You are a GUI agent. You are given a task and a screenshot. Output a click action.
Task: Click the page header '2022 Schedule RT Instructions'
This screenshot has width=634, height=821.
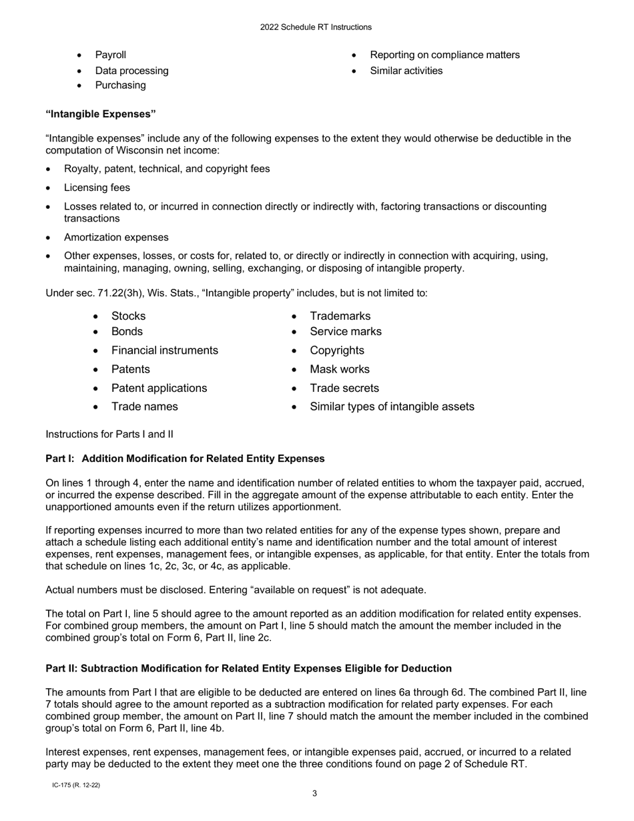click(316, 27)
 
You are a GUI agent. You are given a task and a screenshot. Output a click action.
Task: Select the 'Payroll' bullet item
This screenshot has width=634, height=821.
click(110, 55)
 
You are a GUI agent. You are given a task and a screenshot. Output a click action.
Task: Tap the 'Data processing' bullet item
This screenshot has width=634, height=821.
click(131, 71)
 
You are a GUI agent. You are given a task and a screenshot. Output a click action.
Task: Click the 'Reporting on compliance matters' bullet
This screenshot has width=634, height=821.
click(444, 55)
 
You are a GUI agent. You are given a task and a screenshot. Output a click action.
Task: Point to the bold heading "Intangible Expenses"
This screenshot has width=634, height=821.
click(101, 114)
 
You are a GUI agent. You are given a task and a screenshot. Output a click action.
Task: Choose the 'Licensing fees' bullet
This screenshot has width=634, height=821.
click(97, 188)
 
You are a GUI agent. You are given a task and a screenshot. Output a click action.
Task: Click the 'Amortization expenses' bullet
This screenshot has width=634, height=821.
click(116, 237)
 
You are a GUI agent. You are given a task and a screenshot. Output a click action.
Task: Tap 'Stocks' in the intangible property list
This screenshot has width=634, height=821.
click(128, 316)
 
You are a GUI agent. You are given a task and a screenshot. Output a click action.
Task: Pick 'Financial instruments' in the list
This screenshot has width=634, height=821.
click(164, 350)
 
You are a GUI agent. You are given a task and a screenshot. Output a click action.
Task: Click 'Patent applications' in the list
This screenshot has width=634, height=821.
click(159, 388)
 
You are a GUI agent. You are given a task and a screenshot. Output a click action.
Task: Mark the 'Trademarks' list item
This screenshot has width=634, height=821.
click(340, 316)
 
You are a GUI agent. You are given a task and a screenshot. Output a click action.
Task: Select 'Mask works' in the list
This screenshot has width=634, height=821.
click(339, 369)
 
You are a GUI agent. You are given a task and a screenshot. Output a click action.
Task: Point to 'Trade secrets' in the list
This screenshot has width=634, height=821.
click(344, 388)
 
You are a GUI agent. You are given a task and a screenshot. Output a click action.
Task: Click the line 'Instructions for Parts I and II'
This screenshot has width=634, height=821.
click(109, 435)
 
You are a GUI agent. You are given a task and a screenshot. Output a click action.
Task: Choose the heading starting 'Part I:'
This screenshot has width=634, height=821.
click(185, 459)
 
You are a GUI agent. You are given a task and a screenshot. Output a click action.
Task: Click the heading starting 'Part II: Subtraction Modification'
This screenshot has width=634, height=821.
click(248, 668)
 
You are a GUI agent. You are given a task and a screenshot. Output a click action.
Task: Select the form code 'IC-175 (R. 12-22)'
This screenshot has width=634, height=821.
click(76, 786)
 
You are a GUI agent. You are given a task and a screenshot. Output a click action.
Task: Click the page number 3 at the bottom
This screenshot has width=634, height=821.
click(315, 794)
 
